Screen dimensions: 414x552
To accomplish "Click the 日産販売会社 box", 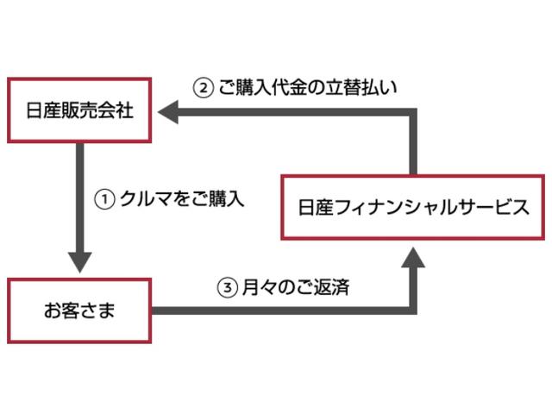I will (79, 110).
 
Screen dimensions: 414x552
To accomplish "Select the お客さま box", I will (80, 309).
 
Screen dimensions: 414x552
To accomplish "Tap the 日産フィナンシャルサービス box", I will (411, 207).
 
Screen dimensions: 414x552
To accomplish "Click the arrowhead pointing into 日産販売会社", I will (167, 111).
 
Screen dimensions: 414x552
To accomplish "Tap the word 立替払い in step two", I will (373, 87).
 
